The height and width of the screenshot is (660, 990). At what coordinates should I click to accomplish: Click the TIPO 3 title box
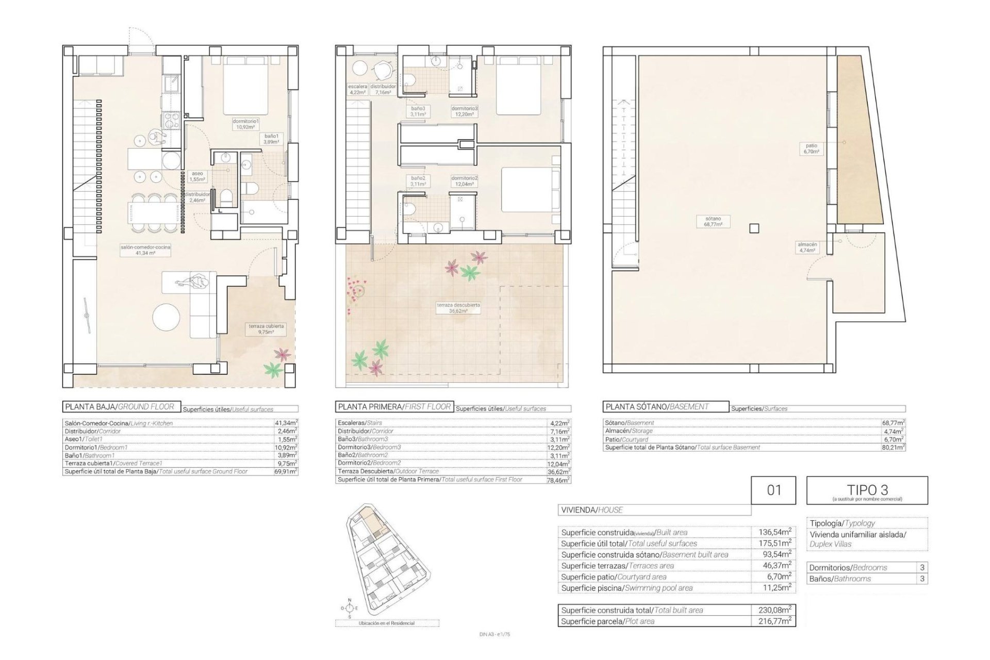coord(867,490)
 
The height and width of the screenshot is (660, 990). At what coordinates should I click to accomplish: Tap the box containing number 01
coord(773,490)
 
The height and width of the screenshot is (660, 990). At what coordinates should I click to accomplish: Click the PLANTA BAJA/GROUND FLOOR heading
coord(122,407)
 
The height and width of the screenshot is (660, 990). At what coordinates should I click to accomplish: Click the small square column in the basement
coord(755,228)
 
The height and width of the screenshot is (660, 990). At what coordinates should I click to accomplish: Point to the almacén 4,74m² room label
coord(807,247)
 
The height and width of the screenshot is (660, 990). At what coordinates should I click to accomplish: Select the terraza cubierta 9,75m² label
coord(266,329)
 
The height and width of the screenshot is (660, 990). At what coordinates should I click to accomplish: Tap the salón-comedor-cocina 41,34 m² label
coord(145,250)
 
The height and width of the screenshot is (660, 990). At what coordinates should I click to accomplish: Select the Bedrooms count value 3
coord(922,568)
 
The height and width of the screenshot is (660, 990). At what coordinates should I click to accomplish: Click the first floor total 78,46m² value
coord(560,480)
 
